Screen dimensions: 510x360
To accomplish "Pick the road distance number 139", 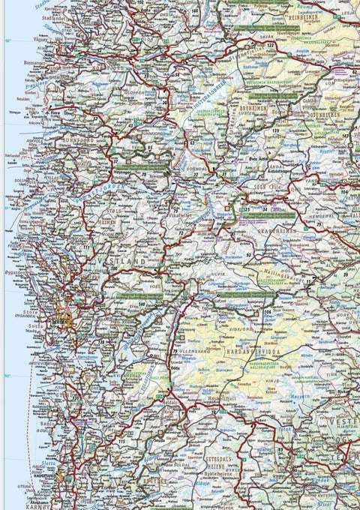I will [x=276, y=131].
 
